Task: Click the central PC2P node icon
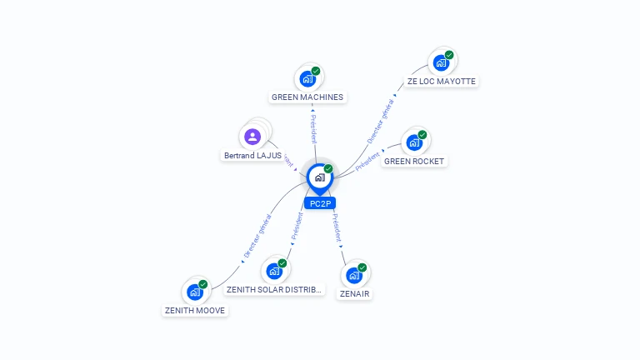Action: [319, 177]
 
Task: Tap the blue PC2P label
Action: [320, 203]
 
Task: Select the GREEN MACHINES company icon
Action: [307, 79]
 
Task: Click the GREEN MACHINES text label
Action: [307, 97]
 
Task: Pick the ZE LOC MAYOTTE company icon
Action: [441, 63]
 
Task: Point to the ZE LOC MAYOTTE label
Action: [442, 82]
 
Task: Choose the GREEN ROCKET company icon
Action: [414, 142]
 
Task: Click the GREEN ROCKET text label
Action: [414, 161]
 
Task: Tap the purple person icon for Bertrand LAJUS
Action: [252, 136]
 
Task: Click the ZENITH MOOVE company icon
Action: [195, 292]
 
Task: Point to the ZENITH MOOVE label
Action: [195, 310]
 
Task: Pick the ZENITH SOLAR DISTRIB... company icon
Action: [274, 271]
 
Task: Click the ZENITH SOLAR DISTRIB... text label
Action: [273, 290]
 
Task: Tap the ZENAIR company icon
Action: [354, 275]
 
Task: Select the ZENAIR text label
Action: [354, 293]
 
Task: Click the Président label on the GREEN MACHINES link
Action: [313, 125]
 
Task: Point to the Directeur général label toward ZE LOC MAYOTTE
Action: [379, 122]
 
